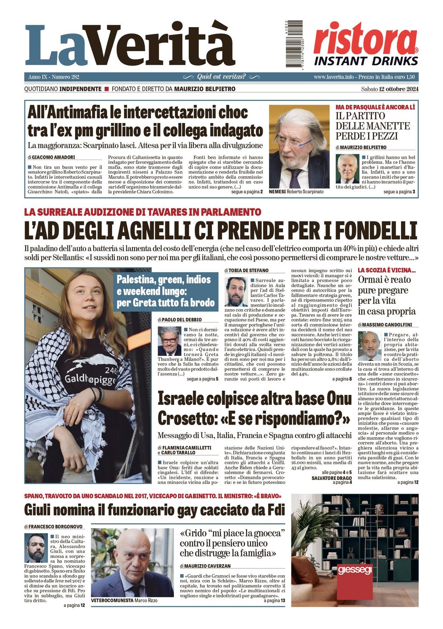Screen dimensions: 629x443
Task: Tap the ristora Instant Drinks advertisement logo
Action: [366, 45]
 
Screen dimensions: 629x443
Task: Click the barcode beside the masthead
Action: [294, 44]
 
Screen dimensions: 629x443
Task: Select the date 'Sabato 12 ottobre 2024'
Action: [390, 89]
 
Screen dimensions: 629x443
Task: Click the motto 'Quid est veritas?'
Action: [221, 77]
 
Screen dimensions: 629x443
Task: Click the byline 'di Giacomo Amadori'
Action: [52, 157]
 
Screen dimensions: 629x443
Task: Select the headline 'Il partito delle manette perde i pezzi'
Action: [372, 126]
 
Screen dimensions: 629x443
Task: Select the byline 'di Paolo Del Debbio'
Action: [179, 320]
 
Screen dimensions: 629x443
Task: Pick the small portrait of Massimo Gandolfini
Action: [369, 346]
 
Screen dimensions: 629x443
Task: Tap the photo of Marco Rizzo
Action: [132, 563]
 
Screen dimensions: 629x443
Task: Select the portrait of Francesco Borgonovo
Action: [35, 548]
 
